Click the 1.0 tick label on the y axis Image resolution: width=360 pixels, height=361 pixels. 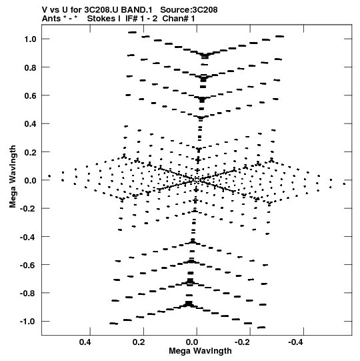coord(31,39)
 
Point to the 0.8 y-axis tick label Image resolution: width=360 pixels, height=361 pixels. coord(31,67)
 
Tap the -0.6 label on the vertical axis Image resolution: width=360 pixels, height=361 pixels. coord(28,265)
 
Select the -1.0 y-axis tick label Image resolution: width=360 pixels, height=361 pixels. coord(28,322)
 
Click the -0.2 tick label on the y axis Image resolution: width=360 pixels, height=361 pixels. coord(28,209)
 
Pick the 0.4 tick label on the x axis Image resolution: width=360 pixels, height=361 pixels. coord(85,342)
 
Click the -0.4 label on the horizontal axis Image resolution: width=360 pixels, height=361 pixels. coord(295,342)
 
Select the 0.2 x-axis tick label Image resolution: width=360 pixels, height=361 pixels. coord(139,342)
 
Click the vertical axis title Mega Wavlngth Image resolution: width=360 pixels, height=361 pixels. coord(13,177)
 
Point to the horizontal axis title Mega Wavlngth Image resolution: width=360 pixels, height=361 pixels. coord(200,351)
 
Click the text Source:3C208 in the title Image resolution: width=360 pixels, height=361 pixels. coord(189,10)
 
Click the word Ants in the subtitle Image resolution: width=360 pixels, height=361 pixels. coord(51,19)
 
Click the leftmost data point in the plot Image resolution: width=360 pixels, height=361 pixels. coord(49,176)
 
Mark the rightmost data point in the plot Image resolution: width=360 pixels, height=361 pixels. coord(344,184)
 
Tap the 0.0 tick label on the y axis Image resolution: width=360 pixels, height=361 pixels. coord(31,180)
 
